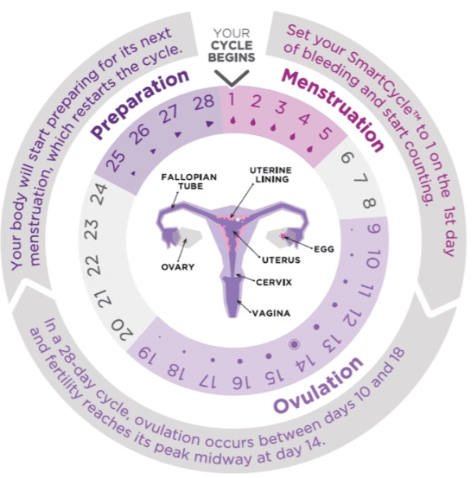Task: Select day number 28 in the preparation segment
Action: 204,103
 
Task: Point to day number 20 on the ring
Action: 122,329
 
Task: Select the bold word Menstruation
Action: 333,111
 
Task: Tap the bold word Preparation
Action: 140,104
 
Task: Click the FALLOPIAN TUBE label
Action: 189,181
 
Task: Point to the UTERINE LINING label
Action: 271,175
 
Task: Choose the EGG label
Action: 324,249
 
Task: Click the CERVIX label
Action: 274,282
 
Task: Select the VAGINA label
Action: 271,313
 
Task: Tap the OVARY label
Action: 178,267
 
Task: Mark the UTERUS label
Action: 281,260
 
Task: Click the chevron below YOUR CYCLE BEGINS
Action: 232,78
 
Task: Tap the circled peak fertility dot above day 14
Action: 294,345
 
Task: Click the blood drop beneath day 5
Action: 310,149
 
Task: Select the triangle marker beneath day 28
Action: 209,124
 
